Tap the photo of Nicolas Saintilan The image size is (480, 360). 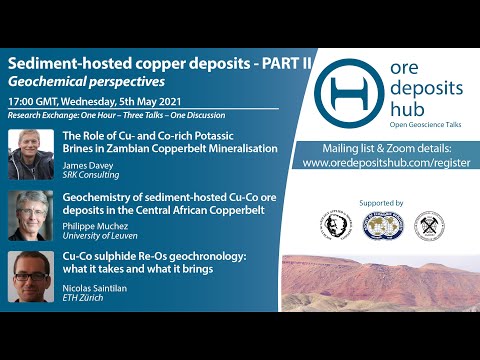coord(30,273)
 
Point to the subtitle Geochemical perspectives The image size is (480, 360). coord(86,81)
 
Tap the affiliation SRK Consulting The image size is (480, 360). coord(91,176)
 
